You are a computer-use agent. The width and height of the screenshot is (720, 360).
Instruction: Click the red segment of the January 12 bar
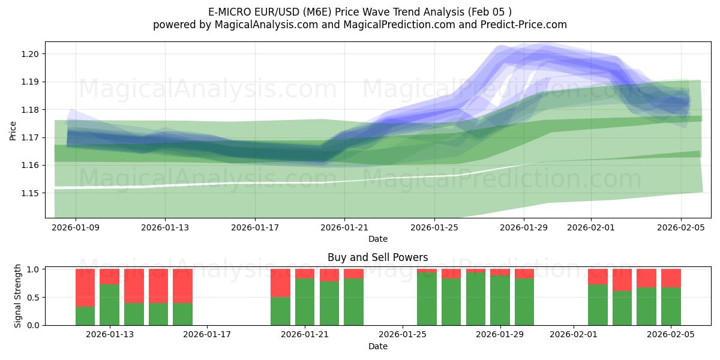tap(85, 287)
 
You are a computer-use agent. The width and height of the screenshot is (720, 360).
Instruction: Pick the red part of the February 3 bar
tap(622, 280)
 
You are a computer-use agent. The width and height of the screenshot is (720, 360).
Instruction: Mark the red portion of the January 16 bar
tap(182, 286)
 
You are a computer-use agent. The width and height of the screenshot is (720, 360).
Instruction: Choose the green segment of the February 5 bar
tap(671, 307)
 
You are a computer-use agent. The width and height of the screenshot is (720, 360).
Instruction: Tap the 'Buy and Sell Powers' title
tap(377, 257)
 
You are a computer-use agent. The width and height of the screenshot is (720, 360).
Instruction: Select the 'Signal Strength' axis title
tap(18, 296)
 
